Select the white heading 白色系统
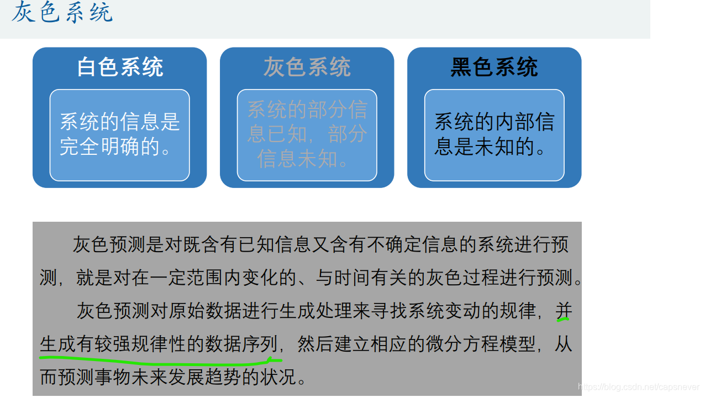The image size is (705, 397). tap(120, 67)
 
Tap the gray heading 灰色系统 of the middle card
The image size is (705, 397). tap(307, 67)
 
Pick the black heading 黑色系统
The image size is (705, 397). tap(494, 67)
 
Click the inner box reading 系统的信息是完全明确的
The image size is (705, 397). tap(119, 135)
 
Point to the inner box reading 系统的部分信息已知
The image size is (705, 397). tap(307, 135)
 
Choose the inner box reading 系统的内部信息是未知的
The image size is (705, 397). tap(494, 135)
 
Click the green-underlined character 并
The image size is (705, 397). tap(563, 311)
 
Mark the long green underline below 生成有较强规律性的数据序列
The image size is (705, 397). tap(160, 360)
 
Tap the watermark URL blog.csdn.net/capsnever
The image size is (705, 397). tap(638, 387)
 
